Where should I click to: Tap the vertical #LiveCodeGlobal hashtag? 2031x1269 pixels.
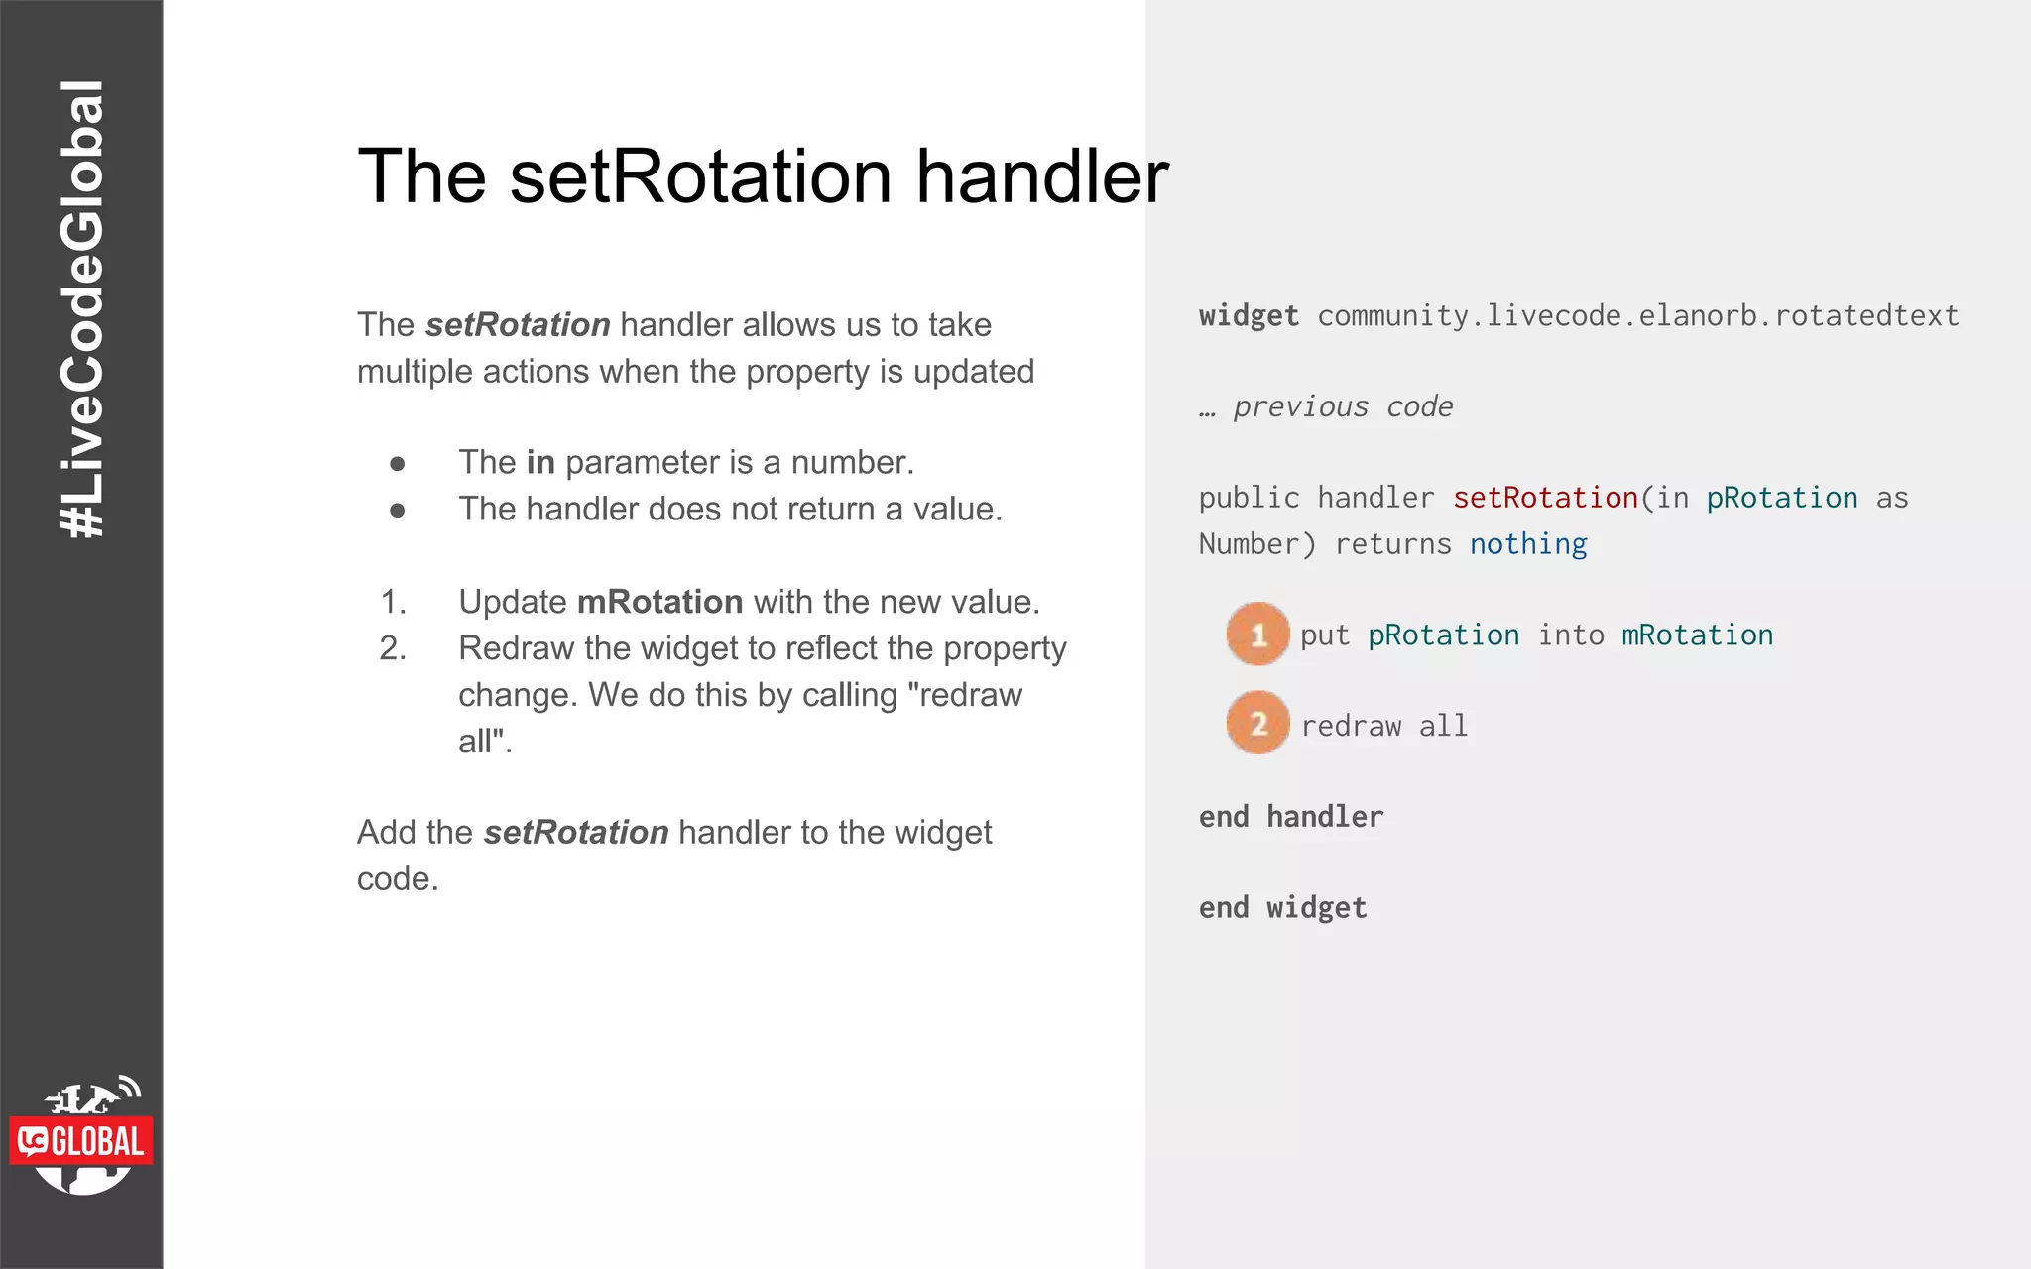(81, 309)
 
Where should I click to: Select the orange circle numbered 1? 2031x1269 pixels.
(1257, 634)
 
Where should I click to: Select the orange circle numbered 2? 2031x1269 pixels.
(1257, 724)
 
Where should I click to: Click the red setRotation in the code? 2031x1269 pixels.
(1544, 498)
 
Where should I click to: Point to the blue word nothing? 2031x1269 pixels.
(1527, 544)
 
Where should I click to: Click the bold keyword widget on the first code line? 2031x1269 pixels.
(1248, 316)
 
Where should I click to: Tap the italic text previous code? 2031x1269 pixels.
(1342, 406)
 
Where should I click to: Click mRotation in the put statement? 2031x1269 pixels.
(1697, 635)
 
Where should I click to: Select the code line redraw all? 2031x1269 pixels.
(1383, 727)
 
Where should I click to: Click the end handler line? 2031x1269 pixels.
(1290, 817)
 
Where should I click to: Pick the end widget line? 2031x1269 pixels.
(1282, 908)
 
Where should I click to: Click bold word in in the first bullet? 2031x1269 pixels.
(539, 463)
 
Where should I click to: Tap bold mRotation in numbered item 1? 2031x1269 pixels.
(659, 602)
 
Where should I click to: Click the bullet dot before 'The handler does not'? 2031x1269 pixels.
(398, 511)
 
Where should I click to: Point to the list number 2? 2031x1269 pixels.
(393, 648)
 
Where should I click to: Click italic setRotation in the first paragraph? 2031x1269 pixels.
(517, 325)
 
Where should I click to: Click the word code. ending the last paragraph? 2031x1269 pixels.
(397, 879)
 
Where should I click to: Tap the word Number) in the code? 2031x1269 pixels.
(1255, 544)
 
